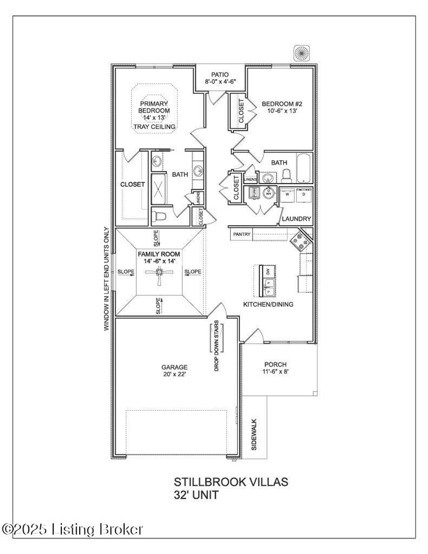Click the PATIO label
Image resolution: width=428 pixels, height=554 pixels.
(220, 75)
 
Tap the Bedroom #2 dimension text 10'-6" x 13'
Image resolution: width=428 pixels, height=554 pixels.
(282, 111)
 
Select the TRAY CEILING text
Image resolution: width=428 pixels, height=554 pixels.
(154, 127)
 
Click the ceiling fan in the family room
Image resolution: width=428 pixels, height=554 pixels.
(159, 272)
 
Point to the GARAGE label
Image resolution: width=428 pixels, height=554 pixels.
(174, 367)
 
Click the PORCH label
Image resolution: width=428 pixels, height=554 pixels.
(275, 364)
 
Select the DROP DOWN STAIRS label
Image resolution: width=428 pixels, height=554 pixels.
(217, 346)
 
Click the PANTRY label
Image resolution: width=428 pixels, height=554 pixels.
(242, 234)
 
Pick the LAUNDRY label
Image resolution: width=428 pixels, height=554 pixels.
(296, 219)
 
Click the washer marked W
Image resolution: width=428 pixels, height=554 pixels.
(287, 195)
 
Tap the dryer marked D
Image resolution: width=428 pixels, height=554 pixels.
(304, 195)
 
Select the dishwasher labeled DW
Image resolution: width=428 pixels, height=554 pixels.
(267, 271)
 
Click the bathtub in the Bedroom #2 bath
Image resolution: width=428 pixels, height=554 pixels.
(303, 168)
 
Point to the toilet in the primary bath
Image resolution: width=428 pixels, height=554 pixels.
(159, 216)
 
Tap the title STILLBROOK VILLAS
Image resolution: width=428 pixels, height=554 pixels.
(231, 482)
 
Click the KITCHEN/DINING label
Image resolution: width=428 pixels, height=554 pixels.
(268, 304)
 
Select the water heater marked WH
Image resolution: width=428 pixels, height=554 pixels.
(268, 193)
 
